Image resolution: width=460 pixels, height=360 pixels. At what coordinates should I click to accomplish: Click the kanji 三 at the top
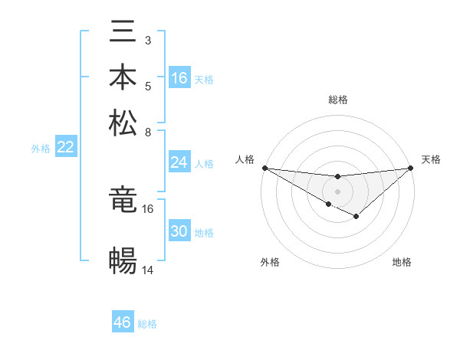(123, 31)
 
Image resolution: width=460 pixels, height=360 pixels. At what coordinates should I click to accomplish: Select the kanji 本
(123, 77)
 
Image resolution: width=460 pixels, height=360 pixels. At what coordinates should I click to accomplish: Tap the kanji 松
(123, 123)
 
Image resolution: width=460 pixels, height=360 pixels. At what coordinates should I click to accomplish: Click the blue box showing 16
(179, 78)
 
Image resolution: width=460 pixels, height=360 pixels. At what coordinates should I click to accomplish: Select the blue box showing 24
(179, 162)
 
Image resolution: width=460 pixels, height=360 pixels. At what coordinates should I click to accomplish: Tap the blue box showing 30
(179, 231)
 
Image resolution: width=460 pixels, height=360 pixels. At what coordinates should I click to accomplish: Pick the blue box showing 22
(65, 148)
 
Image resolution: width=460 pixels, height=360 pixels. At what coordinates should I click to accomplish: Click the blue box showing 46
(123, 322)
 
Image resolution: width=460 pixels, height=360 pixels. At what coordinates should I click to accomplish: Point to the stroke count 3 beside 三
(148, 40)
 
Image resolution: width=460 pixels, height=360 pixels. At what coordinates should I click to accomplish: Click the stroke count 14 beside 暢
(148, 270)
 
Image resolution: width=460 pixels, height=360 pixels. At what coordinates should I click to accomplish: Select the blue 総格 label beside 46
(147, 324)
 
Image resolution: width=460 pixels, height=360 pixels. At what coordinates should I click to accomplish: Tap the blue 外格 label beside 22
(41, 149)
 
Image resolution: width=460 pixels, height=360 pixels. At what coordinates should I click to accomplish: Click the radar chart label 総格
(338, 100)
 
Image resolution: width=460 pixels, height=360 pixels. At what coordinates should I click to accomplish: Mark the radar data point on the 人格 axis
(264, 167)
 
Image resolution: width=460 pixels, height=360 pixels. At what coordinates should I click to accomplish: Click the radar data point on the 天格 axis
(411, 167)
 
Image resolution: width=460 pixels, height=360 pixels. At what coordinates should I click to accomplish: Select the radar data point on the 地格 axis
(356, 217)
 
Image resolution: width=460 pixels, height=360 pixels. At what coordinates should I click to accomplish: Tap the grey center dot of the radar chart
(338, 191)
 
